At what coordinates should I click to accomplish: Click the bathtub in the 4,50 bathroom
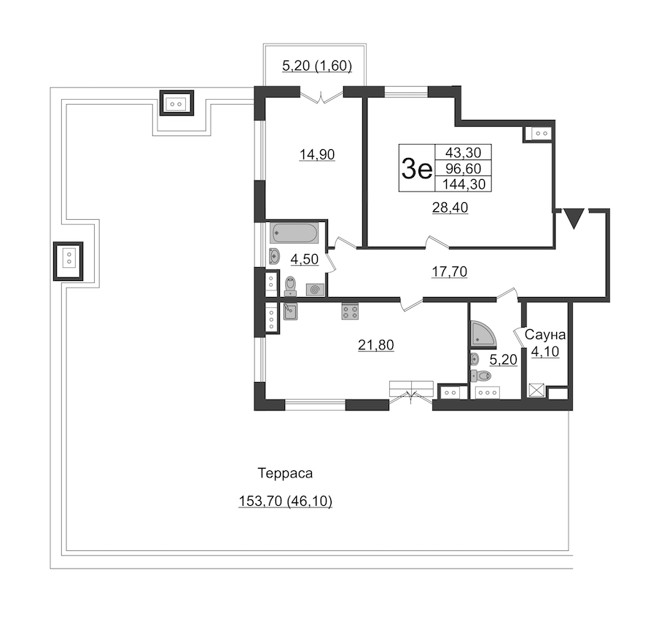click(x=294, y=233)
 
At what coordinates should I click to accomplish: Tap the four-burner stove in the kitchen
click(x=350, y=312)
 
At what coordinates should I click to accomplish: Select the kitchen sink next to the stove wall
click(x=290, y=312)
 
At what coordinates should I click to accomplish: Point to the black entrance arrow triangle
click(x=574, y=218)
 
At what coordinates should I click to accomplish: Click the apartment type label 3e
click(x=416, y=168)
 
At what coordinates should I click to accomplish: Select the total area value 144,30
click(x=464, y=184)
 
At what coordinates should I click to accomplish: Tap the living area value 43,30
click(x=463, y=152)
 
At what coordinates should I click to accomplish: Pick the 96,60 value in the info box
click(x=463, y=168)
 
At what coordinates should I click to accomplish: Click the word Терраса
click(x=285, y=473)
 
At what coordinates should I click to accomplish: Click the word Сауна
click(x=544, y=335)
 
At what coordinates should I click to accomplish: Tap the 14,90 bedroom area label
click(x=317, y=154)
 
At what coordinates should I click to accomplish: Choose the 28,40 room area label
click(x=450, y=207)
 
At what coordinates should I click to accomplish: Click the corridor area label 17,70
click(x=449, y=272)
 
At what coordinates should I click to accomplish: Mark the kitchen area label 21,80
click(x=375, y=345)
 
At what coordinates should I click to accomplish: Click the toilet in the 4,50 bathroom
click(x=290, y=286)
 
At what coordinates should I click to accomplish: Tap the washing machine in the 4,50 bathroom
click(x=315, y=290)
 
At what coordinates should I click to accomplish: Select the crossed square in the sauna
click(x=536, y=390)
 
